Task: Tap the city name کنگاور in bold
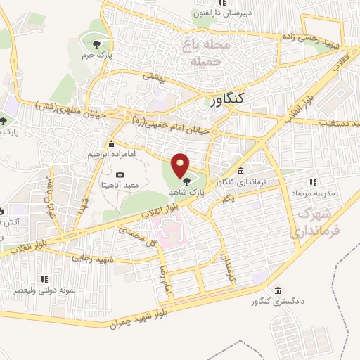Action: coord(231,98)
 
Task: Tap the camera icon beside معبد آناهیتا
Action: coord(119,174)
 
